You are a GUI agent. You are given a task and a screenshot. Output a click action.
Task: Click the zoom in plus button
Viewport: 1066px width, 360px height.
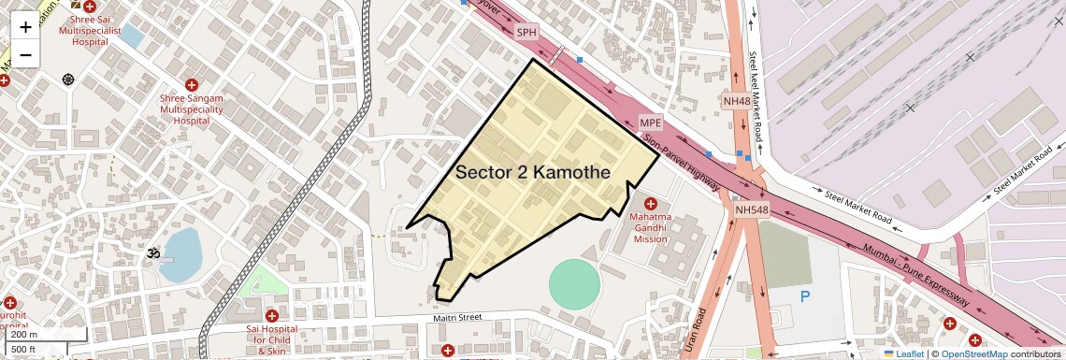25,26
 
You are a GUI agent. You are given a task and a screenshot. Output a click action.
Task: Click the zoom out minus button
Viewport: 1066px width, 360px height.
25,54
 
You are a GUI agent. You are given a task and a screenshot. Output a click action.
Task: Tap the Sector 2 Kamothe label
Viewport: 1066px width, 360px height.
533,173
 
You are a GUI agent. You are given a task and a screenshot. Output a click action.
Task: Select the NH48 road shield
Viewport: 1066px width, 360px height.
737,101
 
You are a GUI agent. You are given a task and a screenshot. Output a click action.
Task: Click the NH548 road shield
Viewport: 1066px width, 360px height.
751,210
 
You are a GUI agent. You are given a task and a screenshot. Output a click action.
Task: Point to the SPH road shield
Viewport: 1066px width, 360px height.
527,32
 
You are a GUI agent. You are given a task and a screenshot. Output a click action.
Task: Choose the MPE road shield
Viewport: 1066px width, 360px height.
650,123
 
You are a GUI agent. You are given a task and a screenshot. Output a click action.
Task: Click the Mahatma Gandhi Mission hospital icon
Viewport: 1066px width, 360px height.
651,204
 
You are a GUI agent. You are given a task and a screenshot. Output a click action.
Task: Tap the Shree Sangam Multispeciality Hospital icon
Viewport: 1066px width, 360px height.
192,85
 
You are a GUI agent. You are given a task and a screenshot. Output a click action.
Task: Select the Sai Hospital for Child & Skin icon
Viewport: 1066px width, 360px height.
271,316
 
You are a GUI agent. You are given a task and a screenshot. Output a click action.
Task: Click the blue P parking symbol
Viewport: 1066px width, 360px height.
804,296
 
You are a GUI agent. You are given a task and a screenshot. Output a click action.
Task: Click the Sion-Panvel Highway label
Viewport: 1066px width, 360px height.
681,163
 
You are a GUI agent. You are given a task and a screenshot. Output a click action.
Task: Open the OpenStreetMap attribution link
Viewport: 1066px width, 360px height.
973,353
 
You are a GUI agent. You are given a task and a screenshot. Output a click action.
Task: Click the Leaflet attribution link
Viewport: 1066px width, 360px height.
904,353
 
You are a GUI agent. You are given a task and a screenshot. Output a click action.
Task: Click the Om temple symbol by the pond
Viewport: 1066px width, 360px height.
148,252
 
